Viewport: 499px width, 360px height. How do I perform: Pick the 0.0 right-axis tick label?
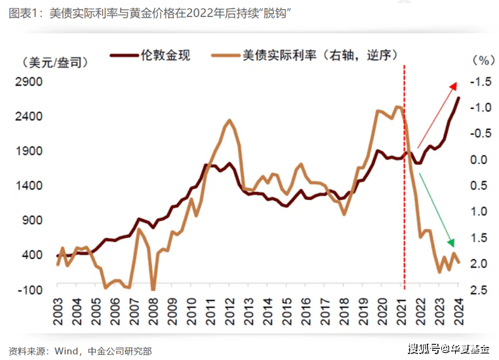[x=481, y=159]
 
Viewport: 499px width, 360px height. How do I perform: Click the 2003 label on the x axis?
[x=57, y=306]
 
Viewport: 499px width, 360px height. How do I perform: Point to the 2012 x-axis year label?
[x=229, y=306]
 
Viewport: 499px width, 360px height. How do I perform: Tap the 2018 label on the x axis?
[x=344, y=306]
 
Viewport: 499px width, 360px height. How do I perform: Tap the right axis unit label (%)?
[x=481, y=60]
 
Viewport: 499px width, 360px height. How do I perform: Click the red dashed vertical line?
[x=404, y=197]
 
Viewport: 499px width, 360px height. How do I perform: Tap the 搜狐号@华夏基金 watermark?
[x=452, y=348]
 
